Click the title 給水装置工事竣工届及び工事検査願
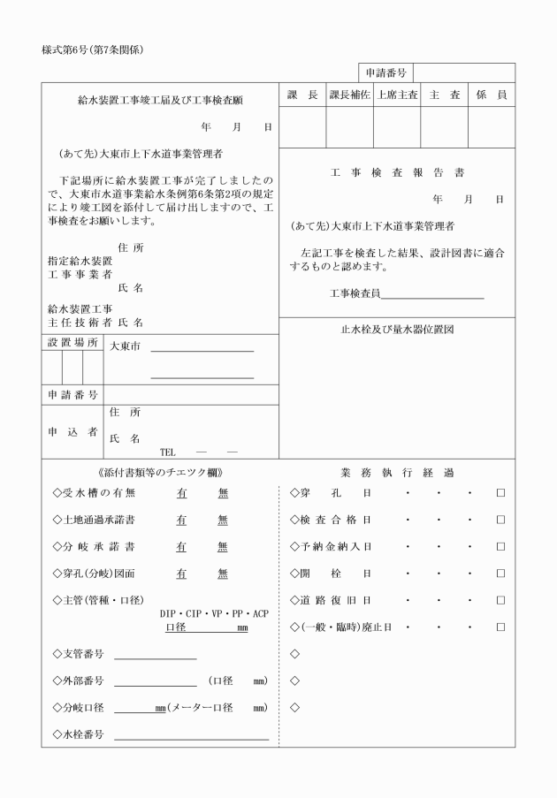[159, 101]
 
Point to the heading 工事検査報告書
[396, 172]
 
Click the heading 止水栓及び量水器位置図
[396, 330]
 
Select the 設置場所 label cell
[72, 343]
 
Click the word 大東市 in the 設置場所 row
[125, 346]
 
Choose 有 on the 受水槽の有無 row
[181, 493]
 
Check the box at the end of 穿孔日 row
[500, 493]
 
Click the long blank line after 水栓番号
[190, 737]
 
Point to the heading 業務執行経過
[396, 473]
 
